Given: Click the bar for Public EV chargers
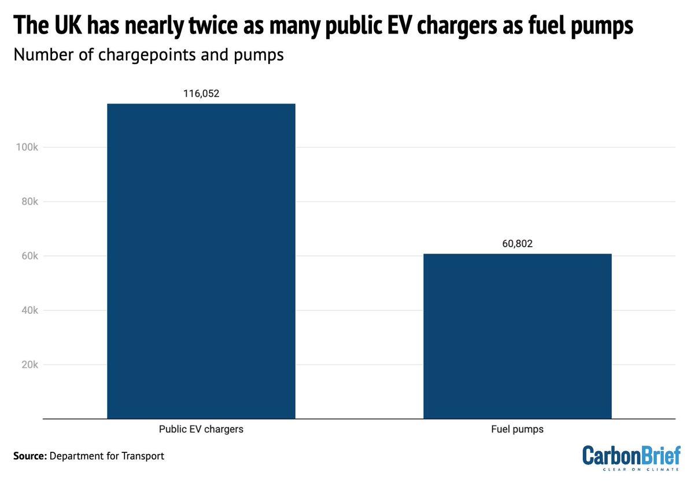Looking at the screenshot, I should click(x=201, y=261).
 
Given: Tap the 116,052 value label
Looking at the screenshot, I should click(x=201, y=94).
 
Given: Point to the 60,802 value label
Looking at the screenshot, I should click(x=517, y=243).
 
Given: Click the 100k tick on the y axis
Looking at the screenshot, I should click(x=27, y=147).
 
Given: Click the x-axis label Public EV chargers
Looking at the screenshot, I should click(x=201, y=430).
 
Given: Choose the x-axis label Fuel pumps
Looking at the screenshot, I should click(x=517, y=430).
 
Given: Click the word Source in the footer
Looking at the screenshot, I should click(x=29, y=456).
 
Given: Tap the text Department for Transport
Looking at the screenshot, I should click(x=107, y=456).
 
